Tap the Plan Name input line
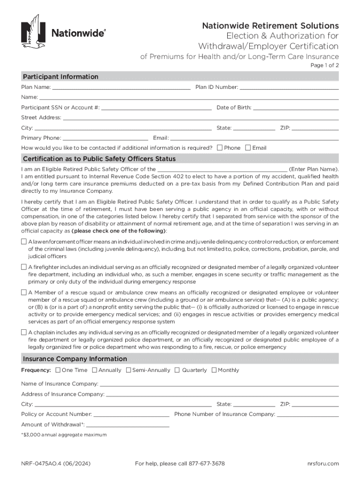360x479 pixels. coord(121,87)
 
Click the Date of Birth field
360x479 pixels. coord(295,108)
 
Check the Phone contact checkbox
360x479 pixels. coord(220,148)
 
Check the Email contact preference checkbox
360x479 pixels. coord(248,148)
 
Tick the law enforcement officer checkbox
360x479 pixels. coord(24,242)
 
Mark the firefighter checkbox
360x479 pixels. coord(24,267)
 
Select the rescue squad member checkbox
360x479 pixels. coord(24,292)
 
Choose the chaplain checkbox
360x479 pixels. coord(24,333)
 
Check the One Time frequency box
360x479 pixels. coord(58,370)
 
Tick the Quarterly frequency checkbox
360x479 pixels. coord(177,370)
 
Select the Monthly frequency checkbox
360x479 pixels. coord(214,370)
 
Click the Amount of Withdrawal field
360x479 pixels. coord(127,424)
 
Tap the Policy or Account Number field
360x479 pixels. coord(131,414)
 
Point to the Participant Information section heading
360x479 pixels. coord(60,77)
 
